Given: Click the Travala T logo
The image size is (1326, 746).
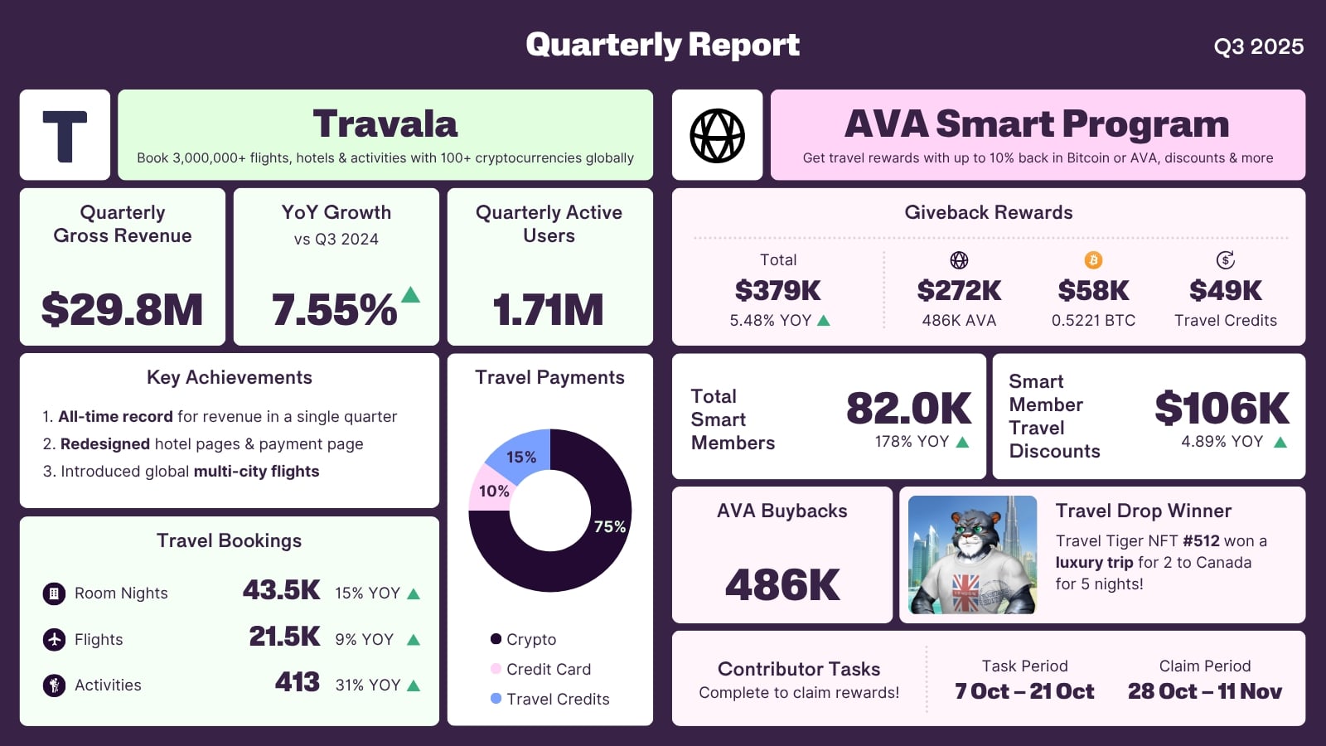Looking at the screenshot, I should [65, 135].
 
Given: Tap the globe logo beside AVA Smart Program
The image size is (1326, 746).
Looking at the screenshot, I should [717, 135].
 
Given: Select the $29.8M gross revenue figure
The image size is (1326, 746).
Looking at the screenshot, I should [122, 310].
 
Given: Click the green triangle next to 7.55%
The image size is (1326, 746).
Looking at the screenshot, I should [410, 294].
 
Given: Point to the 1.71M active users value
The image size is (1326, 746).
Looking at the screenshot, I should [549, 310].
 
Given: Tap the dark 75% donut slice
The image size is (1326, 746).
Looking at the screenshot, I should [580, 555].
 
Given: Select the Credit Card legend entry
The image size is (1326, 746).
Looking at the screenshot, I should [548, 669].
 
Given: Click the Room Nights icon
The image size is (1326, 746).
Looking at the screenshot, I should [54, 593].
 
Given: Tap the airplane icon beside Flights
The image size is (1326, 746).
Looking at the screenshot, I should [54, 639].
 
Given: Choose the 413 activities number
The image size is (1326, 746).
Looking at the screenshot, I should [297, 682].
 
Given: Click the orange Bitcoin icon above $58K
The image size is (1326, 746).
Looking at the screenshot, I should [1093, 260].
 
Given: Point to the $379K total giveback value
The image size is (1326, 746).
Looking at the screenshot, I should [777, 291].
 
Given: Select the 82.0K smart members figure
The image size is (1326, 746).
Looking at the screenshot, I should [908, 408].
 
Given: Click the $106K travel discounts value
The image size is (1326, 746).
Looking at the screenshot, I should [1222, 408].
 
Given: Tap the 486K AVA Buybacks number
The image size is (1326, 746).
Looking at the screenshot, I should [782, 585].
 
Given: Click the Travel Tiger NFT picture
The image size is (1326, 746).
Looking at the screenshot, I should [972, 555].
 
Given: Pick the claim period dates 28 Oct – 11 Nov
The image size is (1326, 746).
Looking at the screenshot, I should [1204, 691].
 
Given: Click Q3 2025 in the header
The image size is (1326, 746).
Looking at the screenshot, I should [1258, 46].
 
